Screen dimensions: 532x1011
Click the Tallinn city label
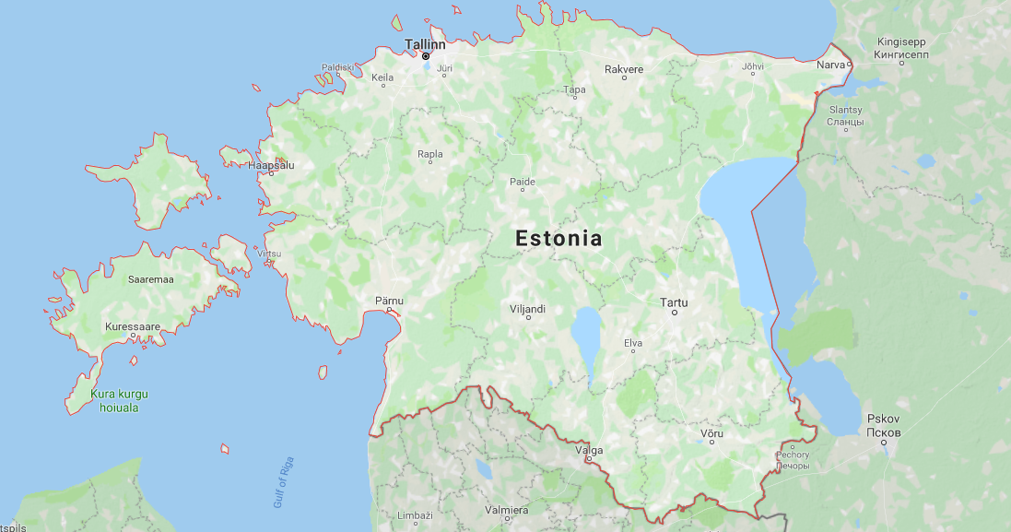pyautogui.click(x=425, y=43)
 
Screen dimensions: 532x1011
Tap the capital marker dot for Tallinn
pyautogui.click(x=426, y=56)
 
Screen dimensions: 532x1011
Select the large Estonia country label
pyautogui.click(x=558, y=239)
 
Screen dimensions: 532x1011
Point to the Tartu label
pyautogui.click(x=674, y=302)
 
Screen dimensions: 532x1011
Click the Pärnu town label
pyautogui.click(x=389, y=301)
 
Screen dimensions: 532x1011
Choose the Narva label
pyautogui.click(x=830, y=65)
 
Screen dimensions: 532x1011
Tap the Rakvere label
pyautogui.click(x=624, y=69)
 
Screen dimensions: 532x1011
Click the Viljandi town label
pyautogui.click(x=527, y=309)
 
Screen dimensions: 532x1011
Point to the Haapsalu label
pyautogui.click(x=271, y=165)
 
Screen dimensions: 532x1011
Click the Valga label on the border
pyautogui.click(x=589, y=450)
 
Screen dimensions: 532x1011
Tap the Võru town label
pyautogui.click(x=711, y=433)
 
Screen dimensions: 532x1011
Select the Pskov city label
pyautogui.click(x=884, y=425)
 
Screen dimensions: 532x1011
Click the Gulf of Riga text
pyautogui.click(x=283, y=482)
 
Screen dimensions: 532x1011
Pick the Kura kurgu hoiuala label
pyautogui.click(x=120, y=400)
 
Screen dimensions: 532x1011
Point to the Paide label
pyautogui.click(x=523, y=182)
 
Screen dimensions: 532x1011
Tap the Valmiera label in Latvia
pyautogui.click(x=507, y=510)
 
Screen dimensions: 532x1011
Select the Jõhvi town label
pyautogui.click(x=753, y=66)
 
